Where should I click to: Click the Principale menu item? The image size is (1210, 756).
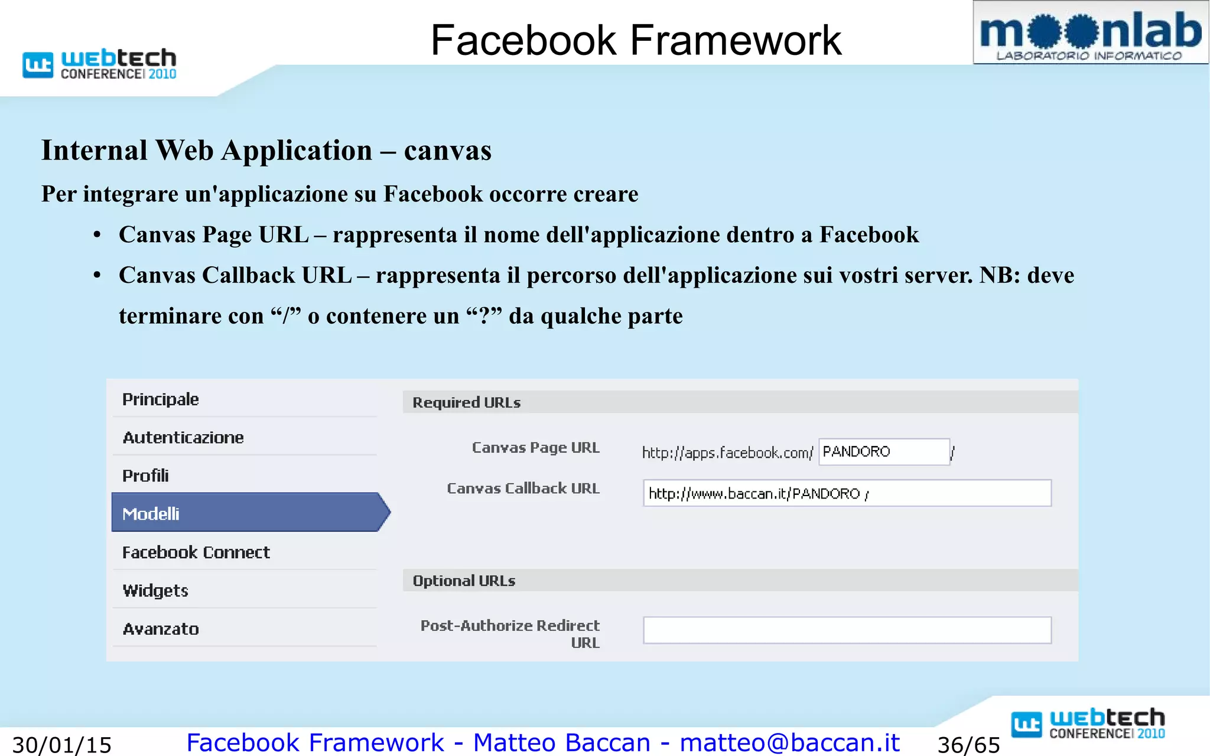161,399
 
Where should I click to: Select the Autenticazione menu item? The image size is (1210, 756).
183,438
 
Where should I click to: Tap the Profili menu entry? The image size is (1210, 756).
145,475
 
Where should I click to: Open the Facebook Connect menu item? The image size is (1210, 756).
196,552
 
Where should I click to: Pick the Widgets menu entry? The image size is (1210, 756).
155,591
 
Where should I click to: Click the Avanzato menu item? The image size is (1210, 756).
161,629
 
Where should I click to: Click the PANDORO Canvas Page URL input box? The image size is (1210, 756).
884,452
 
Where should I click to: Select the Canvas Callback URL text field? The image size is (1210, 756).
847,493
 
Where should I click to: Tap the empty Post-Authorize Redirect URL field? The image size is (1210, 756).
847,630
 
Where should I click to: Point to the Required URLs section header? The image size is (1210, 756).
467,402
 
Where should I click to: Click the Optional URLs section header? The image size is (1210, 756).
464,581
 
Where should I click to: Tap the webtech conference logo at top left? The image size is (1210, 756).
99,64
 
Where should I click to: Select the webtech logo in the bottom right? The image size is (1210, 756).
1088,724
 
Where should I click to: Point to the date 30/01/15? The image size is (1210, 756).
62,745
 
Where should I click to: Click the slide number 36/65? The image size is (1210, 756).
968,745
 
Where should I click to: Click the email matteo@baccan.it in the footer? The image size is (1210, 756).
789,742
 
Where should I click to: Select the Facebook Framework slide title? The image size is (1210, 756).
636,40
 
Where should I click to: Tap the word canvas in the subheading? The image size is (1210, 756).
447,151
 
